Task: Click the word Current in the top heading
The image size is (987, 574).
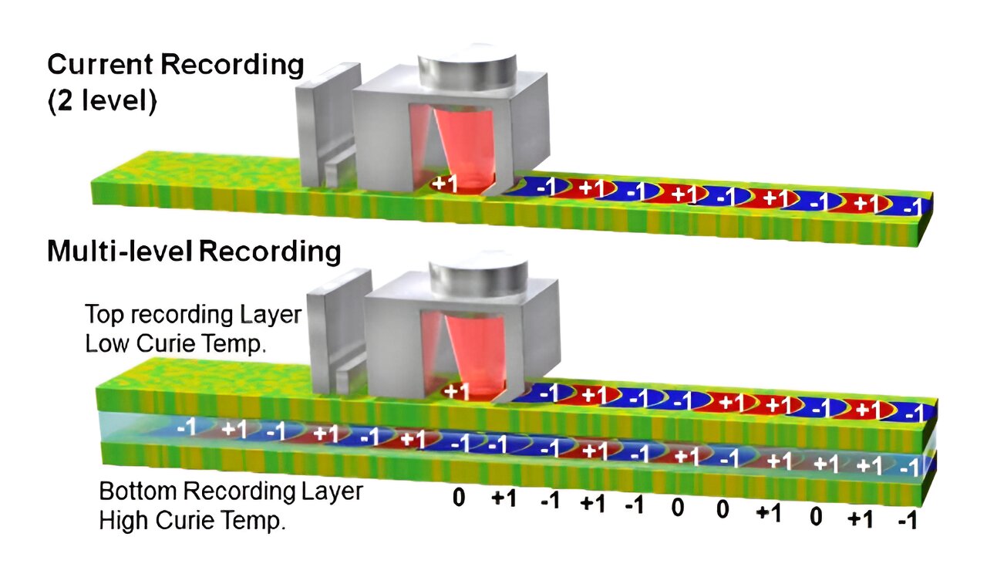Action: (x=101, y=65)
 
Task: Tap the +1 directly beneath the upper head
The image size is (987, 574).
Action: (x=444, y=184)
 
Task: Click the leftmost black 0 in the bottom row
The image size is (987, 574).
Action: (x=459, y=498)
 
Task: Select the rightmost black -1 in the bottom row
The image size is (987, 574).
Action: (x=907, y=521)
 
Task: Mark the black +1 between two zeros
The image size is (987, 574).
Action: (x=768, y=513)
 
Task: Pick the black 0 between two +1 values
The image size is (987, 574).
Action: (x=816, y=517)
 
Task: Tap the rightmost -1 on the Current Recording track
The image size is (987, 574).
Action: (x=912, y=206)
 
